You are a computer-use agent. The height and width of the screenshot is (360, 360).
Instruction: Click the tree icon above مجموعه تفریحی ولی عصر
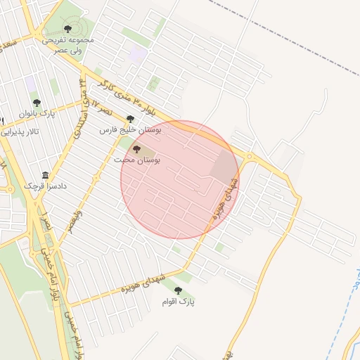click(67, 29)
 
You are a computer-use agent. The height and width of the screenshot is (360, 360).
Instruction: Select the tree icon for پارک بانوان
click(37, 103)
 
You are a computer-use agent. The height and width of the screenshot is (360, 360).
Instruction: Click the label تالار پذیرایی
click(27, 131)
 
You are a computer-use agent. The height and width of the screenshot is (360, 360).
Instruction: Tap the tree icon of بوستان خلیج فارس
click(130, 120)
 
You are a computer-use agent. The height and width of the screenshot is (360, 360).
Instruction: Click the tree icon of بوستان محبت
click(136, 149)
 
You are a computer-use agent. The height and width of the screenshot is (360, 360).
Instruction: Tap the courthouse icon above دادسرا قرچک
click(46, 175)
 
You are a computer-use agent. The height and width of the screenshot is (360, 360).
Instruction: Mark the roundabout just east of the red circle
click(250, 156)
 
